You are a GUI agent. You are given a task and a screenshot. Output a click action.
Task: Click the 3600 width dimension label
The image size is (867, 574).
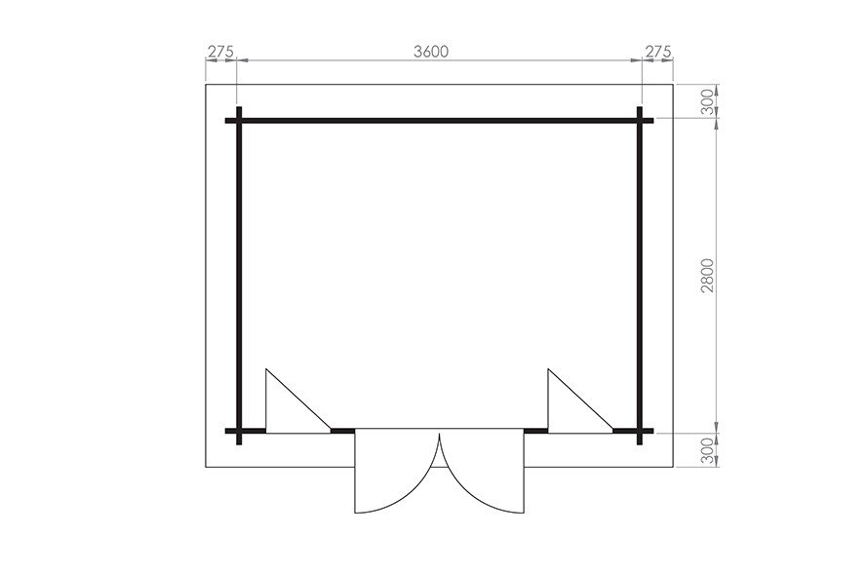click(x=431, y=52)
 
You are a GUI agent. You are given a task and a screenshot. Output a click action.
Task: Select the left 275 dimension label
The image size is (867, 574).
click(x=220, y=52)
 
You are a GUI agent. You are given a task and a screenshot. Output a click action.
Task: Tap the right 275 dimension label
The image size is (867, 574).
click(x=658, y=52)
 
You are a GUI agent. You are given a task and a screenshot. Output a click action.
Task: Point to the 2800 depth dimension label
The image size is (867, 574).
click(x=708, y=275)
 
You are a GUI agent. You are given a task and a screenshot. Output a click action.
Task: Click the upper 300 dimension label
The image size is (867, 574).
click(x=708, y=101)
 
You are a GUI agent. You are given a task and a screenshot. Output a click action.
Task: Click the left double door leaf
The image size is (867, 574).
click(x=397, y=471)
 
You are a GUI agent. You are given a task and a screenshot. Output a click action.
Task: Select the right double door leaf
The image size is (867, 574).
click(x=482, y=471)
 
